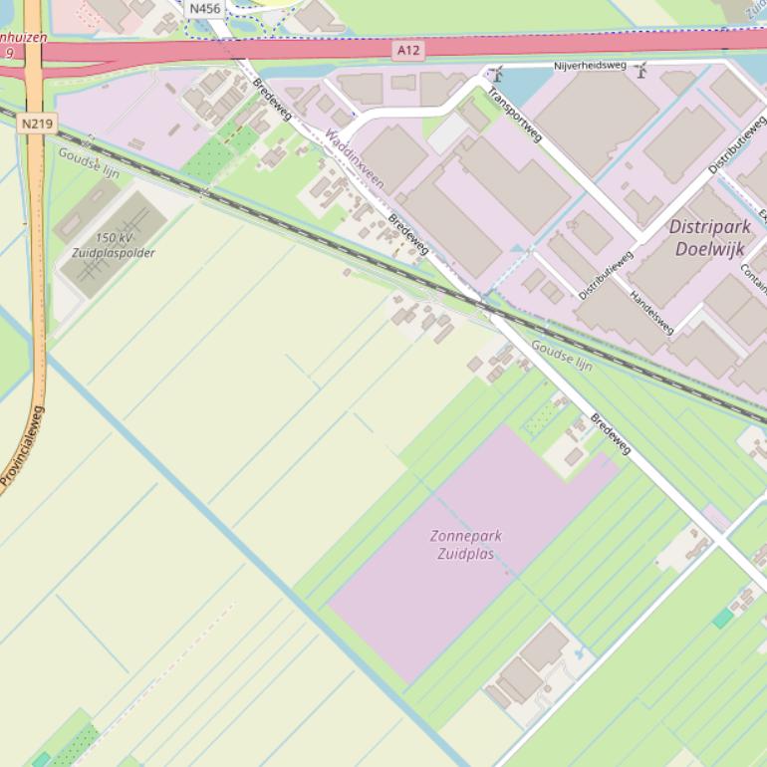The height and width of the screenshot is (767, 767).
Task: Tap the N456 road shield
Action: (204, 9)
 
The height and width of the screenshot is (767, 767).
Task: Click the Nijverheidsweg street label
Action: (591, 66)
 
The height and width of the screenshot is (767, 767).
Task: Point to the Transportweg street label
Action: (514, 113)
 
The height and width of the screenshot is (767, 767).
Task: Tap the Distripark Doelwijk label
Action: (709, 238)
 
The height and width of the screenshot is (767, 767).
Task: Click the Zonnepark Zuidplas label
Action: (466, 544)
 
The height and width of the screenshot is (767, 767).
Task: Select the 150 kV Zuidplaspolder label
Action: (114, 245)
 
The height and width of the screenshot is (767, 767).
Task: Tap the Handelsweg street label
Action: (651, 313)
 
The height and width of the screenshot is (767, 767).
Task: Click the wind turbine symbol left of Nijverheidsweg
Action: (496, 74)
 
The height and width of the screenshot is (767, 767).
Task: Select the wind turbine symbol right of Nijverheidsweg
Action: (641, 69)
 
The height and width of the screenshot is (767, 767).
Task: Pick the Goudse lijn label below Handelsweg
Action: (561, 355)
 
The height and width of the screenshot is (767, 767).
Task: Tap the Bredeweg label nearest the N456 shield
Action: (271, 100)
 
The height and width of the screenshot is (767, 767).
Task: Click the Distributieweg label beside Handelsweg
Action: (606, 276)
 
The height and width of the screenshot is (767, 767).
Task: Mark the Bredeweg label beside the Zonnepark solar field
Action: (610, 433)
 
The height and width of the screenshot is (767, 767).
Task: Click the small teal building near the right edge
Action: (722, 619)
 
